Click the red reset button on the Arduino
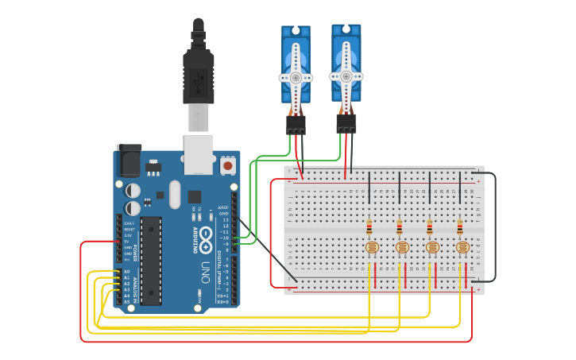tap(228, 166)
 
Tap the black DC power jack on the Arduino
tap(127, 163)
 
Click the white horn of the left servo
tap(296, 76)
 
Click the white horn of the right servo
tap(346, 75)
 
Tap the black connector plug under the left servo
tap(296, 125)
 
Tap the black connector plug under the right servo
tap(346, 123)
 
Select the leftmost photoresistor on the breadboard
tap(371, 247)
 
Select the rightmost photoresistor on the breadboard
tap(462, 247)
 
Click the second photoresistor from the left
tap(401, 247)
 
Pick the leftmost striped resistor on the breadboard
tap(369, 227)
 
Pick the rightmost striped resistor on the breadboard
tap(460, 227)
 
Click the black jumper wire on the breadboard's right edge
tap(495, 226)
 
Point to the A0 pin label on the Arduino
tap(126, 272)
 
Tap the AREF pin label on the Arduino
tap(223, 207)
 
